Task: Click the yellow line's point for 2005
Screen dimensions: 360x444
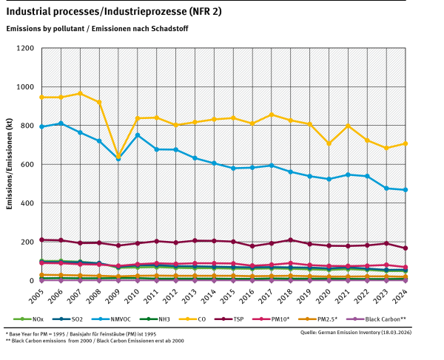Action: click(41, 97)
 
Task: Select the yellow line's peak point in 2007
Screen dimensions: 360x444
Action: click(80, 93)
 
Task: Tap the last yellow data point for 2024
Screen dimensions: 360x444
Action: click(406, 143)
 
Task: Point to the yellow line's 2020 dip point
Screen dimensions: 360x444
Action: click(329, 143)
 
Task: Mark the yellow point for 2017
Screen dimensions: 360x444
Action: click(272, 115)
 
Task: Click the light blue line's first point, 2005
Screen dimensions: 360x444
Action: click(41, 126)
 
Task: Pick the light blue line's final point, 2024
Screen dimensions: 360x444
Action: click(406, 190)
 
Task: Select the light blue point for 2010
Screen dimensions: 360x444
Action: click(138, 135)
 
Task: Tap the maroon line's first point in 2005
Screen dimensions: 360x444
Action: click(41, 240)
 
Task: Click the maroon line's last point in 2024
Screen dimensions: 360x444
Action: click(406, 248)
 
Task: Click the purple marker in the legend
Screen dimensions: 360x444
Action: click(357, 319)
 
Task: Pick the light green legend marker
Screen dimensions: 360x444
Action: click(22, 319)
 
